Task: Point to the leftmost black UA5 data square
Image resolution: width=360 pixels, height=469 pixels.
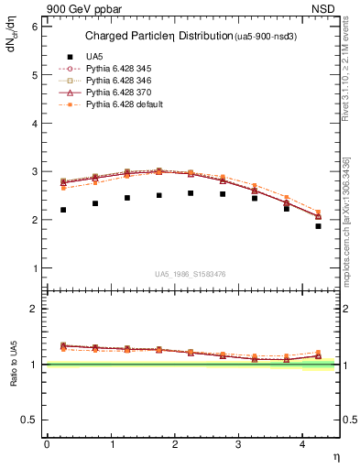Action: click(x=63, y=210)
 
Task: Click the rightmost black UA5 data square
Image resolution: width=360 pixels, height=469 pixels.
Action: click(x=319, y=225)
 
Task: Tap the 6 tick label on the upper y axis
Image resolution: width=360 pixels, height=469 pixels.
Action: click(x=34, y=27)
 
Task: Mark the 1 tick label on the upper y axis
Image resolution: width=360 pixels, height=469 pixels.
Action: click(x=34, y=268)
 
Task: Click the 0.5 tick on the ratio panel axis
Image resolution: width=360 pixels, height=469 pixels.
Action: click(x=30, y=420)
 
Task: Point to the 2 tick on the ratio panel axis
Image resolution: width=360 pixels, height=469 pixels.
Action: click(x=34, y=310)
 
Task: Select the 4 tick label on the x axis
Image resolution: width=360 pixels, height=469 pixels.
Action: click(x=302, y=444)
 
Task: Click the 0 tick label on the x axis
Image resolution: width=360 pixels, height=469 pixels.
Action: click(x=47, y=444)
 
